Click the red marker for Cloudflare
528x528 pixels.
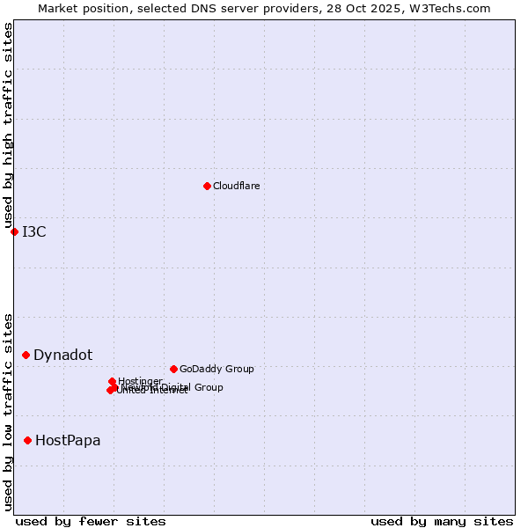click(x=207, y=186)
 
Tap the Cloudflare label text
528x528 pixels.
click(x=236, y=186)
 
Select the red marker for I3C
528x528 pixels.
click(x=14, y=231)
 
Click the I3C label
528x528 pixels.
click(x=34, y=231)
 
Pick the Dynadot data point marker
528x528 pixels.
click(x=26, y=355)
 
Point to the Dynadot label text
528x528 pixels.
click(x=62, y=355)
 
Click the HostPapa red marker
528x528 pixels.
click(x=28, y=440)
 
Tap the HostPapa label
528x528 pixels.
click(x=68, y=440)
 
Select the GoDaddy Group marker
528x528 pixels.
click(x=173, y=369)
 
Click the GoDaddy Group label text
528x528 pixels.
click(x=216, y=369)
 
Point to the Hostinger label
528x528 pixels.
click(x=140, y=381)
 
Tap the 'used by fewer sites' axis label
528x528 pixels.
click(x=91, y=521)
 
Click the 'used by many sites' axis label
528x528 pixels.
click(x=442, y=521)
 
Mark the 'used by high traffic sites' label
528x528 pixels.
click(x=8, y=126)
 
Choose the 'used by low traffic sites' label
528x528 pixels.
click(x=8, y=412)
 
